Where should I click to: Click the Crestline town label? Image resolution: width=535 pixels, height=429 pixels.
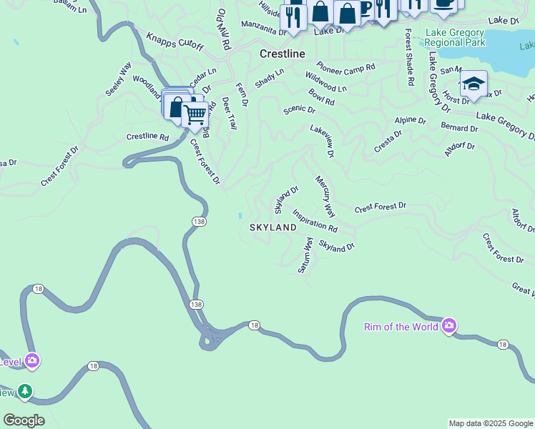click(282, 54)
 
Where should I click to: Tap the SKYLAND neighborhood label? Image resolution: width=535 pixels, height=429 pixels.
click(273, 227)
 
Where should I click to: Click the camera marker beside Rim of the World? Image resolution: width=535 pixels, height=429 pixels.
click(449, 326)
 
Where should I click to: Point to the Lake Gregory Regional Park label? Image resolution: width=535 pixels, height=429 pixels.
click(454, 37)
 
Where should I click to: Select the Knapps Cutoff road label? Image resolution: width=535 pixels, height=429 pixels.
click(175, 42)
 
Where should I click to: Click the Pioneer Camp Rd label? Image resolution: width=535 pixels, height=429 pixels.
click(346, 67)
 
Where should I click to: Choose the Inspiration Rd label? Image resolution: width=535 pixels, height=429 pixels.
click(315, 220)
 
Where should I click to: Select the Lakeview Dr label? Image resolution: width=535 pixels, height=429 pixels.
click(322, 139)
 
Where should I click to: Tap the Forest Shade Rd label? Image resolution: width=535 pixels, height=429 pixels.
click(409, 57)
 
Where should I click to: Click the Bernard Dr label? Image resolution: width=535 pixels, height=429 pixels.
click(459, 128)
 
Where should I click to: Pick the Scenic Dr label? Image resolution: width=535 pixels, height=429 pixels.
click(299, 109)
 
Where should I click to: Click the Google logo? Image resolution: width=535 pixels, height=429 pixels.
click(24, 420)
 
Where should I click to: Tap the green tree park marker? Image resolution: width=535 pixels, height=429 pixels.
click(25, 392)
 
